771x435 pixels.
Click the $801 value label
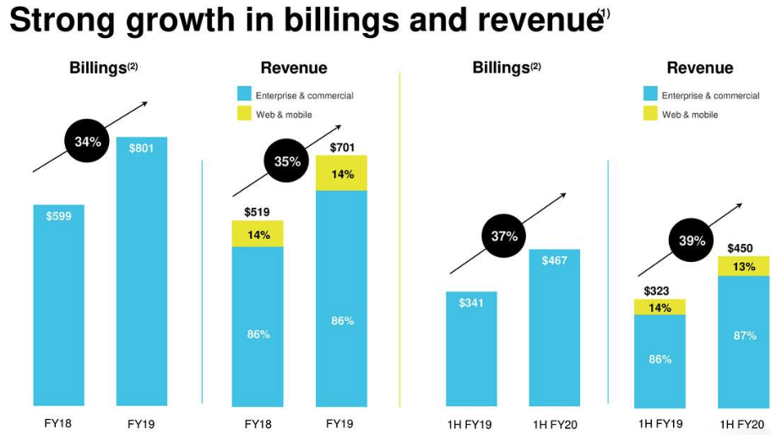tap(142, 149)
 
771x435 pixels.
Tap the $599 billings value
tap(59, 216)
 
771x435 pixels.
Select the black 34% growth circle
tap(88, 142)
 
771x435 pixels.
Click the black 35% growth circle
tap(287, 161)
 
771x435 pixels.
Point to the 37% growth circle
tap(504, 237)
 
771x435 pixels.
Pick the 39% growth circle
tap(692, 241)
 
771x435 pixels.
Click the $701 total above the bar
tap(341, 149)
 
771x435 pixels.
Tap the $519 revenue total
tap(258, 212)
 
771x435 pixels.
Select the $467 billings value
tap(555, 261)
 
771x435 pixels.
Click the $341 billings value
tap(471, 303)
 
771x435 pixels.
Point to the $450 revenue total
tap(741, 248)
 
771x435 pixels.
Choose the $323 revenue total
tap(656, 291)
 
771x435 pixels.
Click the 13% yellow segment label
tap(744, 267)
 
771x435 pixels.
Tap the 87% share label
tap(744, 335)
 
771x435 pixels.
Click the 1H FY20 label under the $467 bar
tap(556, 424)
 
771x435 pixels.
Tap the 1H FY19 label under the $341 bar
tap(470, 424)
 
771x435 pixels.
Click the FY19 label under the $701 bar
tap(339, 423)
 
